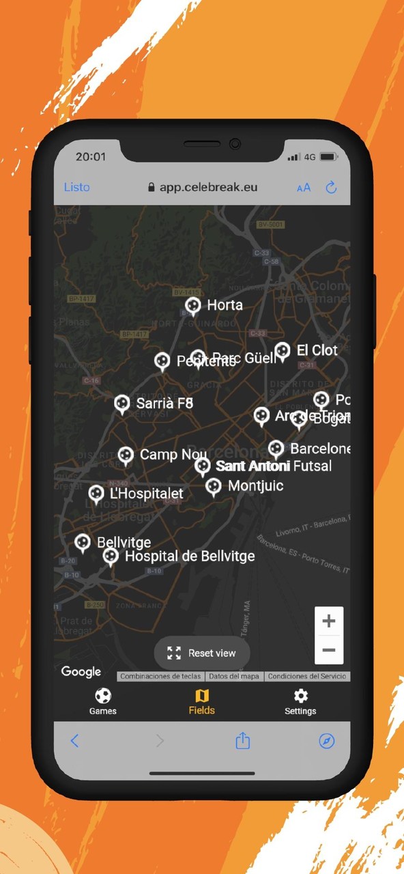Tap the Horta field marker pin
[193, 305]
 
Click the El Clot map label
[317, 350]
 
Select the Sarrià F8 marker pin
[122, 404]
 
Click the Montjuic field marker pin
[214, 486]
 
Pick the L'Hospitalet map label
[147, 493]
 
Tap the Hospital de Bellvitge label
[190, 556]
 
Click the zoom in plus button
[329, 621]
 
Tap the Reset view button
[202, 653]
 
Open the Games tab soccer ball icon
[103, 696]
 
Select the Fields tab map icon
[202, 696]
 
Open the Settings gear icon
[300, 696]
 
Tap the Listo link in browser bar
[77, 187]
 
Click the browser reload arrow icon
[332, 187]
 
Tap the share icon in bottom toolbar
[243, 741]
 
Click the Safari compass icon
[327, 741]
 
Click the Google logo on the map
[81, 672]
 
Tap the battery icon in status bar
[329, 157]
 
